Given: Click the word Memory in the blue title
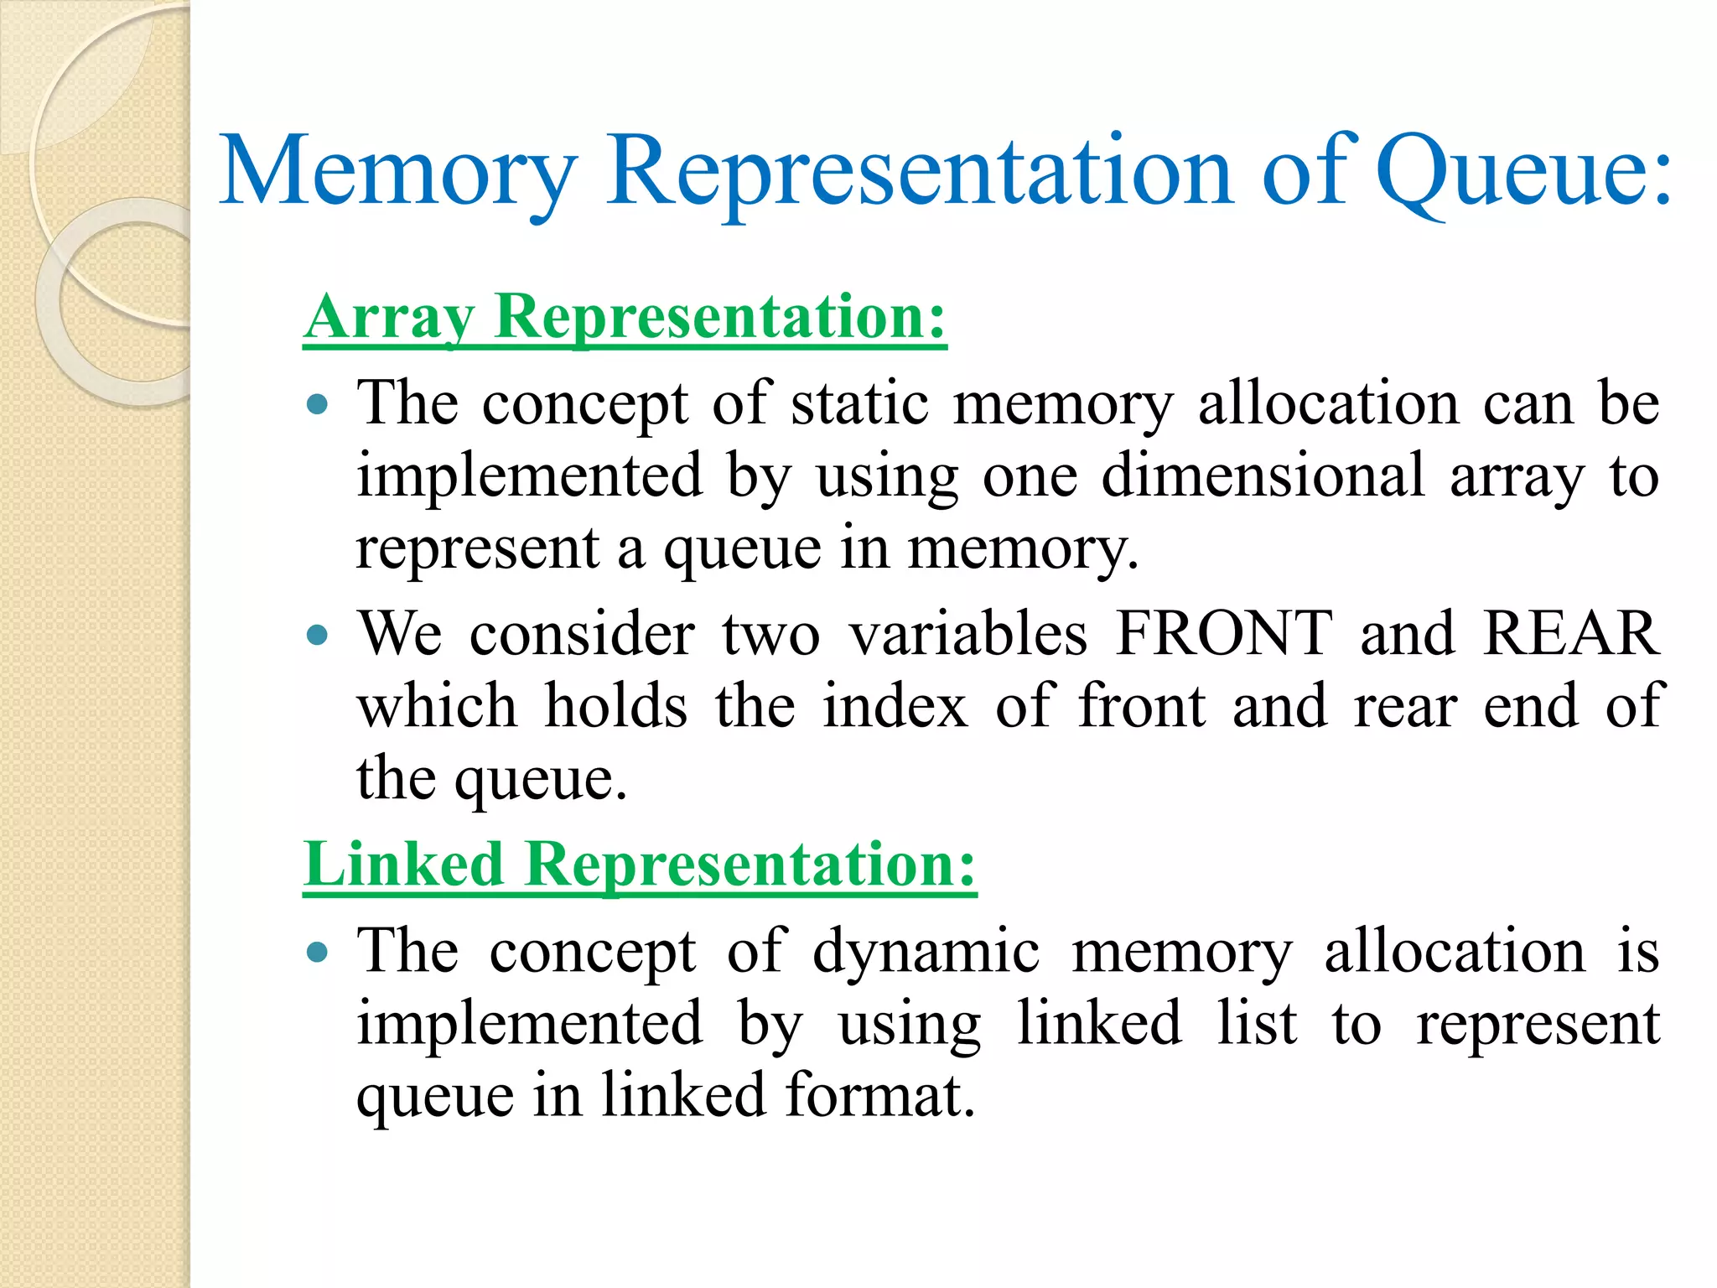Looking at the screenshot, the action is [x=398, y=172].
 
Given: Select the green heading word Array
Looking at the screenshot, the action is [x=391, y=319].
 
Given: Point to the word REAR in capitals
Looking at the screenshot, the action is [x=1570, y=634].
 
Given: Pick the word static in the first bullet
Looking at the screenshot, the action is [x=859, y=404].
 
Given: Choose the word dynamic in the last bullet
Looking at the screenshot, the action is [x=926, y=953].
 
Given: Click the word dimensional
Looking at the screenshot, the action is [x=1263, y=476].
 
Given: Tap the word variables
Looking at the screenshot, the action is [x=968, y=634].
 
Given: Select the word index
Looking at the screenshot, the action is [x=895, y=706].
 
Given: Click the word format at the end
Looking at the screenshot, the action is [x=879, y=1095].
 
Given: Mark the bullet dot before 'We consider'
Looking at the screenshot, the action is [x=317, y=635].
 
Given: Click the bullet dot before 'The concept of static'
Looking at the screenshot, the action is [x=317, y=406].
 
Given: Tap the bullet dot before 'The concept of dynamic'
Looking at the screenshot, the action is [x=317, y=953].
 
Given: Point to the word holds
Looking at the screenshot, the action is [x=616, y=706].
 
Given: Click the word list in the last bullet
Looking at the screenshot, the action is [x=1257, y=1024].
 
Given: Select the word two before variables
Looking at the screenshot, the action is [x=771, y=634].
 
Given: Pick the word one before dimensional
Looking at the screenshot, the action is [x=1030, y=476].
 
